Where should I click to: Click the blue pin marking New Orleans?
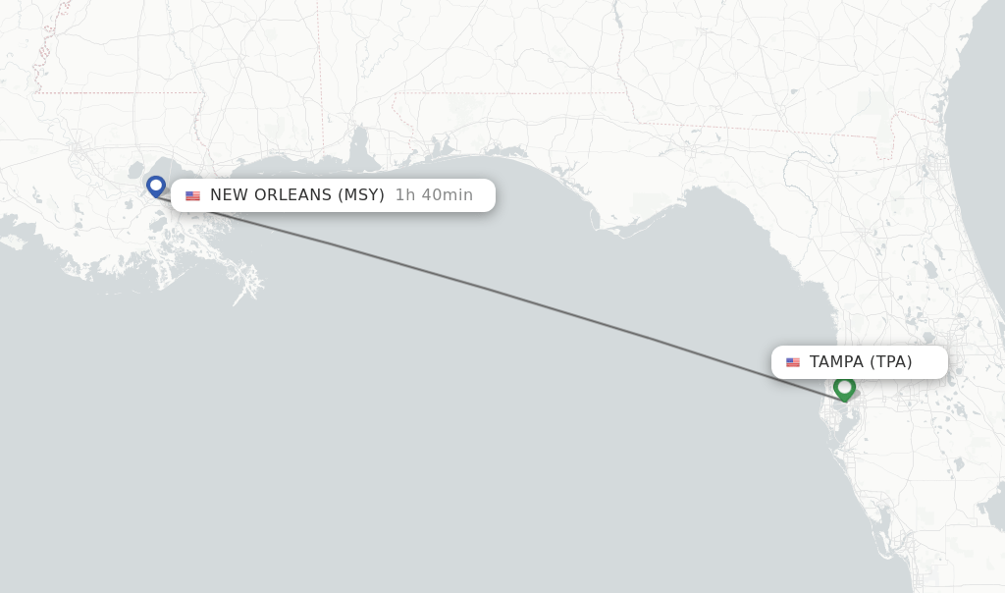click(155, 185)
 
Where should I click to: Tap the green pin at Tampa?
click(844, 387)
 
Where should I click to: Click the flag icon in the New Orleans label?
click(192, 195)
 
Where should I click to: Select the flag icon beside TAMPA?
click(793, 362)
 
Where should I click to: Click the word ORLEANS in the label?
click(292, 195)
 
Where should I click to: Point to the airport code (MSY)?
click(360, 195)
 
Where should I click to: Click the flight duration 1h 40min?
click(434, 195)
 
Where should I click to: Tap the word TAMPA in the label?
click(836, 362)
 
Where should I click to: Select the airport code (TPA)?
click(890, 362)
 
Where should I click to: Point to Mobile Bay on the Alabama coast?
click(359, 147)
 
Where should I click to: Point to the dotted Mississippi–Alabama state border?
click(321, 98)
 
